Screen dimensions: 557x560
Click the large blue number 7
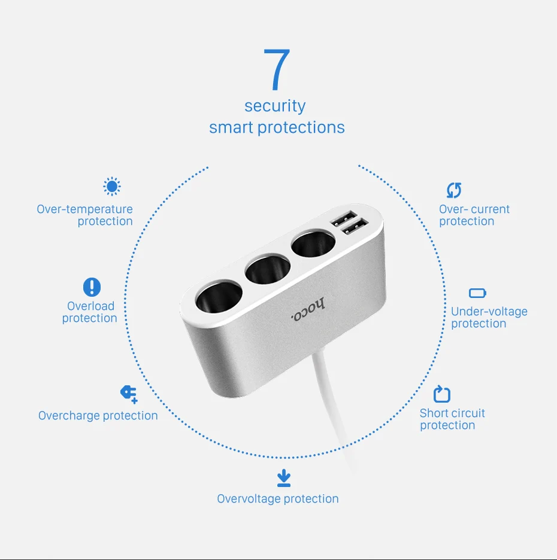[277, 69]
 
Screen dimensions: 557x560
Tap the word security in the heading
[275, 106]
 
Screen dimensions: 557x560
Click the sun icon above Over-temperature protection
[112, 187]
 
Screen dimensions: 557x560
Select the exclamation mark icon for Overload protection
[92, 287]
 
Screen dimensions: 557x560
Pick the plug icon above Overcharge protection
[129, 394]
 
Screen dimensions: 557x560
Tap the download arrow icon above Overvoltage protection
[284, 478]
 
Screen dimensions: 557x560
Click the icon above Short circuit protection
[442, 394]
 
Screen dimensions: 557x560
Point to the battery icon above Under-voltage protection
[477, 293]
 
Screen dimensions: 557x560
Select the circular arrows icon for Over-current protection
[454, 190]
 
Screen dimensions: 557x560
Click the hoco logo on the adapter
[308, 309]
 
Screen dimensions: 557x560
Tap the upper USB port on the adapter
[344, 218]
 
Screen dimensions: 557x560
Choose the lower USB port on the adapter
[355, 227]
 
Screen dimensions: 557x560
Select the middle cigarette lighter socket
[267, 269]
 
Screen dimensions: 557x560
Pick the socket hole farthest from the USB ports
[219, 296]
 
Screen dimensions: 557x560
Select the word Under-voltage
[489, 312]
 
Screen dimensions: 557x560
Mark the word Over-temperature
[84, 209]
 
